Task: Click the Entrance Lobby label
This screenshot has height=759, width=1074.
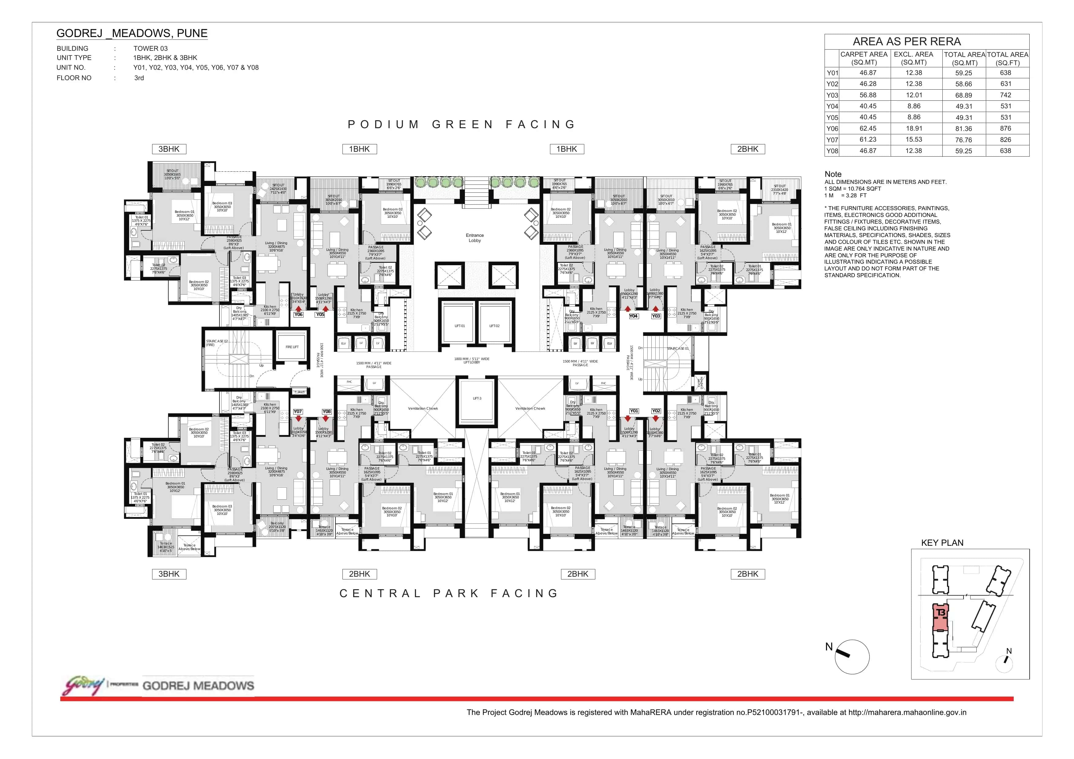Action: (x=474, y=238)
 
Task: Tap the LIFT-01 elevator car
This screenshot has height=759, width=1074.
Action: (x=459, y=326)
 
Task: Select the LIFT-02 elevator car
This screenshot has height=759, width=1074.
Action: (x=494, y=326)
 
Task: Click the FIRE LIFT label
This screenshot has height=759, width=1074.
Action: (x=292, y=347)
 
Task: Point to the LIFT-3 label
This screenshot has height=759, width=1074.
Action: (x=477, y=398)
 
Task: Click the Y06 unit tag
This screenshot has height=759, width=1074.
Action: (x=298, y=315)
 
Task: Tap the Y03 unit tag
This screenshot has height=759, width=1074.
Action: (x=656, y=316)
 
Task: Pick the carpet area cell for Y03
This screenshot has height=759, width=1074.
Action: (x=868, y=95)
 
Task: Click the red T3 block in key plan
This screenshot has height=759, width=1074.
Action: (x=941, y=617)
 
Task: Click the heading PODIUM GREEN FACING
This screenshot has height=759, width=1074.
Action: (x=461, y=125)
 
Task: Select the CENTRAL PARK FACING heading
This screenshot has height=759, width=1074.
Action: (x=449, y=593)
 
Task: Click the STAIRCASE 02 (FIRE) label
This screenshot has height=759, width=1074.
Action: (x=217, y=343)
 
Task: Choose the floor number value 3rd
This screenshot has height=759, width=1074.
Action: (x=139, y=78)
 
